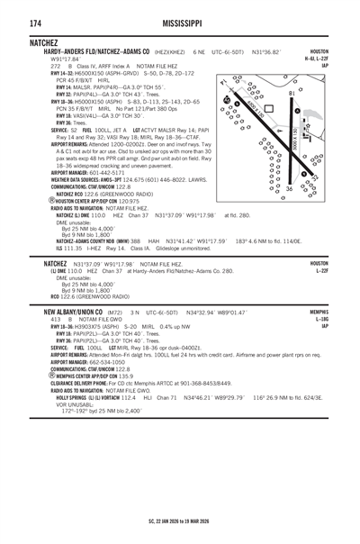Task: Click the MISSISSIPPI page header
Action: pos(180,22)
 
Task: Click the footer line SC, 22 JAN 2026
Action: pos(180,522)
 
